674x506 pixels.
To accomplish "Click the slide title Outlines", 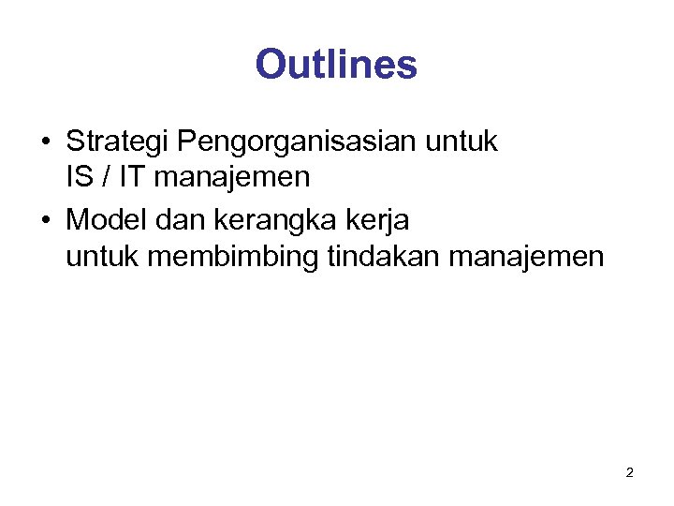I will pyautogui.click(x=336, y=65).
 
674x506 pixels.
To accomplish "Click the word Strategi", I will pyautogui.click(x=118, y=142).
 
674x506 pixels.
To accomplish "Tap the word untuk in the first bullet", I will pyautogui.click(x=462, y=142).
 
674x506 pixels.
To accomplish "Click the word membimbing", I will pyautogui.click(x=233, y=255).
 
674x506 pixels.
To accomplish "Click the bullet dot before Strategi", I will pyautogui.click(x=47, y=143).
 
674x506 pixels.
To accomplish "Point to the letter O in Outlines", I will pyautogui.click(x=271, y=65).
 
